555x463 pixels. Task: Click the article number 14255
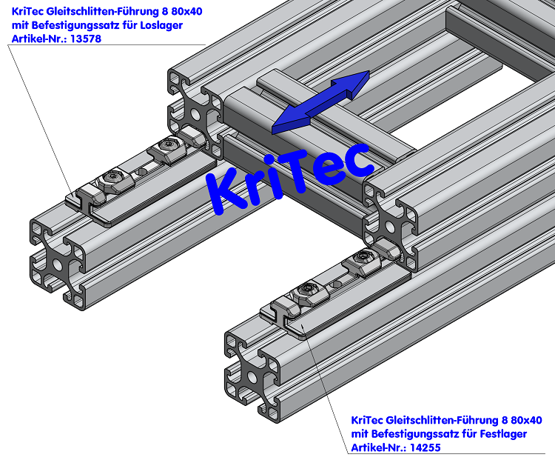[425, 447]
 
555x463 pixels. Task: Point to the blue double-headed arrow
[320, 103]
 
